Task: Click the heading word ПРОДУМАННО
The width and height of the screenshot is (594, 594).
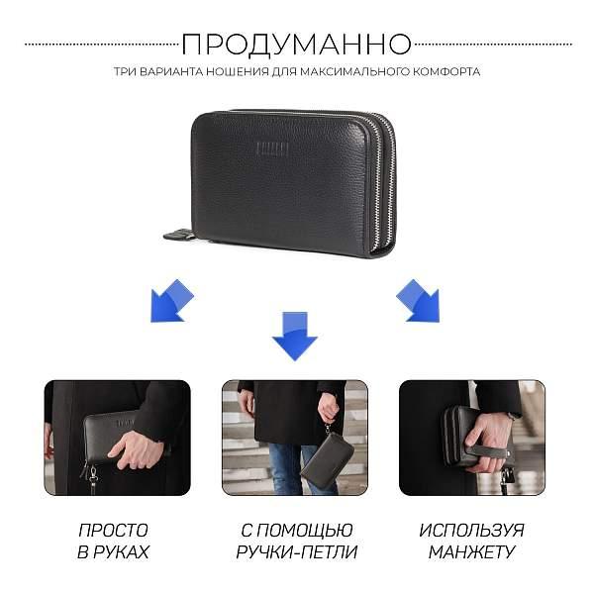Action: (296, 45)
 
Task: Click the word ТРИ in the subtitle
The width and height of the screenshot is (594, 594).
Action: (125, 71)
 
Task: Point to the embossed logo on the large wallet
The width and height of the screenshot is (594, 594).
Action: (272, 148)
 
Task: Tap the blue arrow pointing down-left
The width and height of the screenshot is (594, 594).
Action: (171, 301)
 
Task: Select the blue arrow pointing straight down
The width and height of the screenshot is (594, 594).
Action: (295, 336)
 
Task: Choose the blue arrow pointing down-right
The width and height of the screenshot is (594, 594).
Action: (418, 301)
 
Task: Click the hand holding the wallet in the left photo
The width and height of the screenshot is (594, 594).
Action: (138, 448)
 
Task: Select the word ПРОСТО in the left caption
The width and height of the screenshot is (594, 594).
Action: (113, 531)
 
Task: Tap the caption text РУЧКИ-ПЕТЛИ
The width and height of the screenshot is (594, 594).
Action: (297, 552)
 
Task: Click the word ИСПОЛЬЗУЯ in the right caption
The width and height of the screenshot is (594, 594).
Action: (471, 531)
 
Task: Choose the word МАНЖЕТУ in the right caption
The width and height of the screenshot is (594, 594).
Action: (471, 552)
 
